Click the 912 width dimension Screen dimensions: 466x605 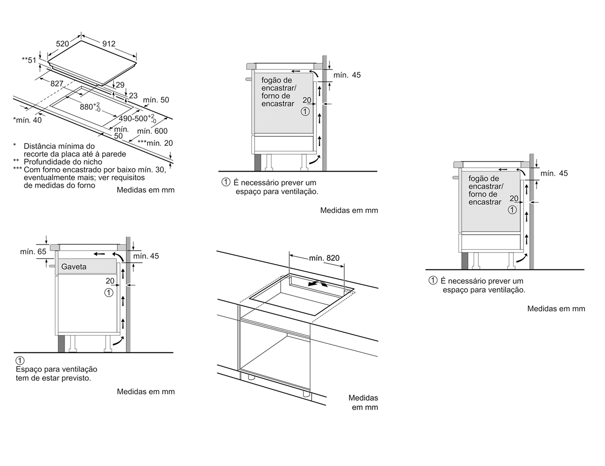coord(108,44)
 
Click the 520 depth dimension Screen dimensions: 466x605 coord(62,44)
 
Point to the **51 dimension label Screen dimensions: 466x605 coord(29,60)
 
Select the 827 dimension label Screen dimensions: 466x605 coord(57,83)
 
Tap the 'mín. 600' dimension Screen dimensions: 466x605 coord(152,131)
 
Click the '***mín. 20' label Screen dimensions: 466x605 coord(155,143)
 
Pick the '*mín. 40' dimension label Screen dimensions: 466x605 coord(27,120)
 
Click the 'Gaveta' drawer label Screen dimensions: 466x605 coord(74,267)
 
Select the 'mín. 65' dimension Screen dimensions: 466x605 coord(33,252)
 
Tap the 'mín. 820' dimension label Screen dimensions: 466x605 coord(324,258)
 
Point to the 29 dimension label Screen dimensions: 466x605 coord(120,85)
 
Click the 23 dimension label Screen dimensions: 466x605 coord(133,96)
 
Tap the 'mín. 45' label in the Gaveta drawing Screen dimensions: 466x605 coord(146,256)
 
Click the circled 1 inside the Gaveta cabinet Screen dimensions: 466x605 coord(109,292)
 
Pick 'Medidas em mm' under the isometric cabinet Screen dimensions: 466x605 coord(363,403)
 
